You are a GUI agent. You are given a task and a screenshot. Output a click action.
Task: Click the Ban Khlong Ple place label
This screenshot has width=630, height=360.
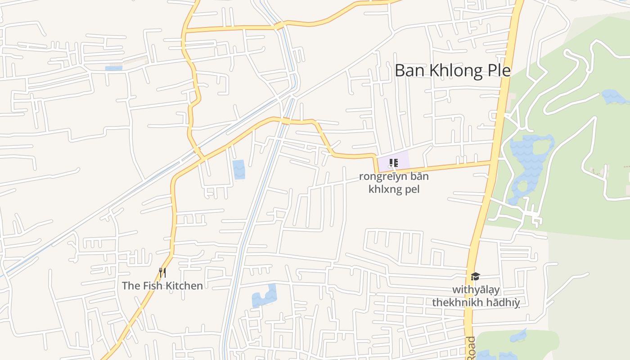[452, 71]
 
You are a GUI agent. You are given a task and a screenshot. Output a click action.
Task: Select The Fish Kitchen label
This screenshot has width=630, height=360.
[162, 285]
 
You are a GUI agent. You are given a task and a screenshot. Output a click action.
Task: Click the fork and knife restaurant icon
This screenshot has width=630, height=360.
[162, 272]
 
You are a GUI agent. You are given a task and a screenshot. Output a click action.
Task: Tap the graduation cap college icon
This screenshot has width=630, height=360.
[475, 276]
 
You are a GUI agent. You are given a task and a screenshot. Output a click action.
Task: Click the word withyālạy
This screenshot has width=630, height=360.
[476, 290]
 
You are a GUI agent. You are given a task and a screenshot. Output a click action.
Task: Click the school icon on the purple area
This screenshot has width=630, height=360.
[394, 163]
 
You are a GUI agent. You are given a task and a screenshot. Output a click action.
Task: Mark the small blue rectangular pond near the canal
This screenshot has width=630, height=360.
[239, 169]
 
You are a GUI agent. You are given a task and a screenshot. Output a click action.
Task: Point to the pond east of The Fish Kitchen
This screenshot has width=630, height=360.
[265, 296]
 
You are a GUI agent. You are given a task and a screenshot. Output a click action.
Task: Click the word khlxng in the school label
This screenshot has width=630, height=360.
[386, 189]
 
